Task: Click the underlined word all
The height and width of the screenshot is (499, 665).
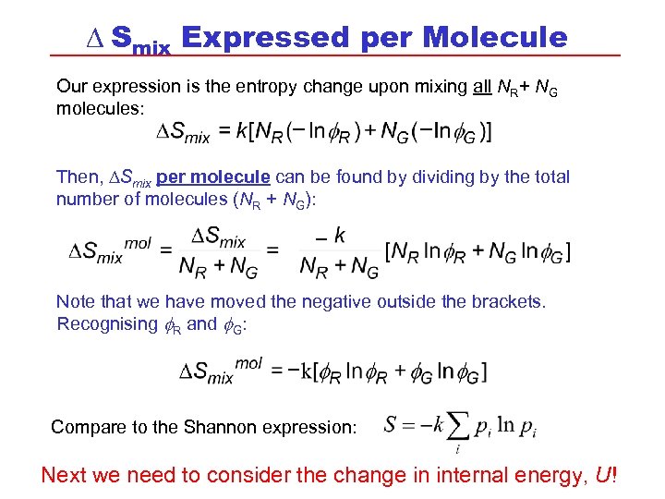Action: [x=481, y=87]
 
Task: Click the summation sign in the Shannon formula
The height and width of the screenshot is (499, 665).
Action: [x=457, y=426]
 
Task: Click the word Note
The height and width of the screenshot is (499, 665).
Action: [x=76, y=301]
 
